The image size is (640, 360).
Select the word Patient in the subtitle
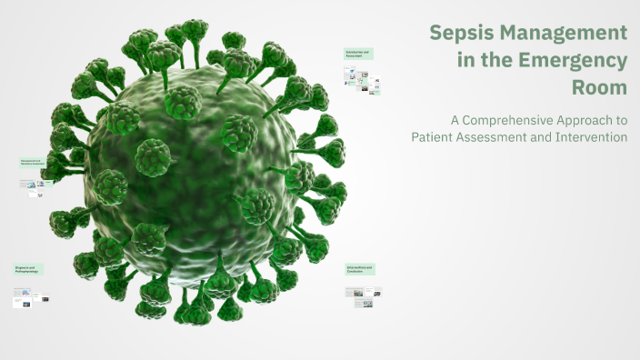[433, 137]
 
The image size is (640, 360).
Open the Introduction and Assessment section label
[359, 55]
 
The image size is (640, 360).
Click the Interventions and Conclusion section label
[360, 269]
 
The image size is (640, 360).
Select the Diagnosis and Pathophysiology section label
[28, 269]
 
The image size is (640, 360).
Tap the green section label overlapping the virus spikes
[34, 163]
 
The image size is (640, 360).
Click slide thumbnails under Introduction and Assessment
[362, 80]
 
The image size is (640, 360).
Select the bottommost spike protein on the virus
[195, 314]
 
